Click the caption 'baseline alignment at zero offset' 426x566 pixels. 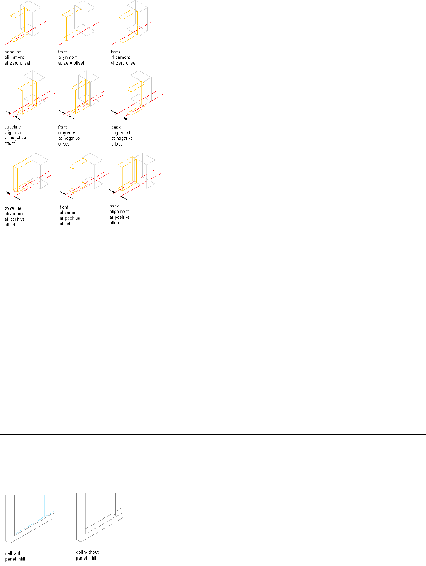point(17,58)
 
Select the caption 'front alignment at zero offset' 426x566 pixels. point(71,58)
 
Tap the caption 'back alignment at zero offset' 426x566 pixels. point(123,58)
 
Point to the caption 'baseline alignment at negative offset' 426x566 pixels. point(15,135)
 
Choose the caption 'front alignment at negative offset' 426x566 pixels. point(69,136)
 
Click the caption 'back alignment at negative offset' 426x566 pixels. point(122,136)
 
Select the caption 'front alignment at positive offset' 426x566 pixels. point(69,215)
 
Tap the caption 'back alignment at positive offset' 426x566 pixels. point(119,214)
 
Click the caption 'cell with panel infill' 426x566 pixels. point(15,556)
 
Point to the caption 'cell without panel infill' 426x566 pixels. point(87,555)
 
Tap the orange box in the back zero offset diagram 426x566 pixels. point(127,27)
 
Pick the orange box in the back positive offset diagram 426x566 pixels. point(126,174)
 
